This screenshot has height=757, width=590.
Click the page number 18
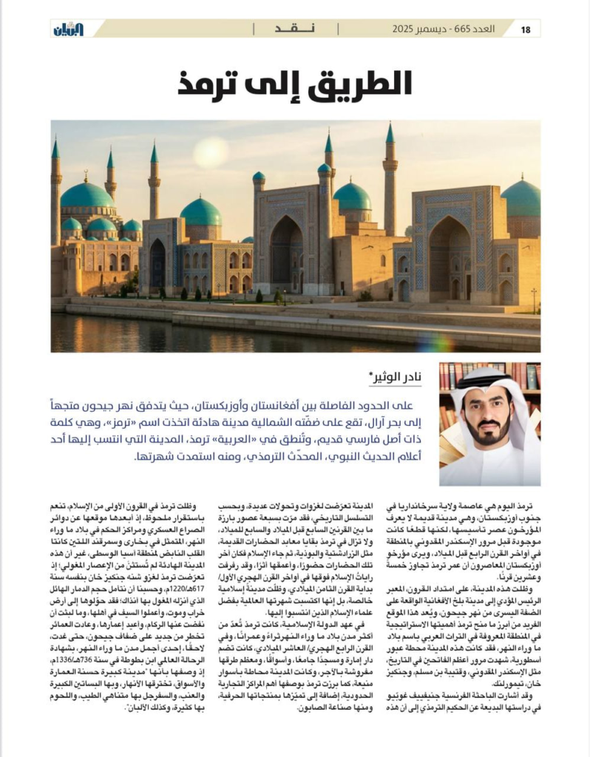coord(526,30)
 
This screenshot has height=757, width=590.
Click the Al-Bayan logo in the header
coord(68,30)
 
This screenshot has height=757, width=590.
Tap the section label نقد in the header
coord(295,30)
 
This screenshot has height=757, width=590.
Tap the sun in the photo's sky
coord(211,152)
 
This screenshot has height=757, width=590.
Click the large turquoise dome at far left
coord(87,195)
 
